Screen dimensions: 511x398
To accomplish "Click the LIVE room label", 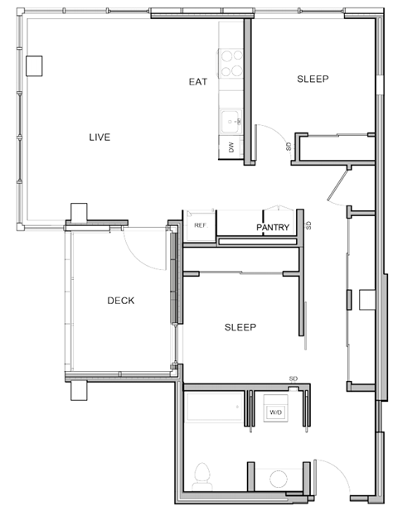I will tap(99, 137).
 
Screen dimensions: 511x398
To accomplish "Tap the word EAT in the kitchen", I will tap(197, 81).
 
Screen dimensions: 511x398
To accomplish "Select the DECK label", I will tap(121, 301).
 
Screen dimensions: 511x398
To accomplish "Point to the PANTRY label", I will tap(272, 226).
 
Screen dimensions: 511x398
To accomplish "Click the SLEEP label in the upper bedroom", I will tap(313, 80).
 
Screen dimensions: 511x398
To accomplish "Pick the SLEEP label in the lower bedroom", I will tap(240, 327).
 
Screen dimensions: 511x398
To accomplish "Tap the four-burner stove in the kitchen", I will tap(230, 63).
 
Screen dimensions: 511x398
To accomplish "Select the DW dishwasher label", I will tap(231, 148).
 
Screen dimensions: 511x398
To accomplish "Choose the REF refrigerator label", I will tap(200, 225).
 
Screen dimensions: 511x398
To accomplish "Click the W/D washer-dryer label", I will tap(274, 411).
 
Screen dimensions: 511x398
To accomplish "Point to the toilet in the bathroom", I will tap(200, 476).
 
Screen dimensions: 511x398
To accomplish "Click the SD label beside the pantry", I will tap(308, 225).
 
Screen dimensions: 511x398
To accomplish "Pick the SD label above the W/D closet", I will tap(293, 378).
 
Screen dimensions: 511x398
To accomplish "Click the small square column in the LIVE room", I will tap(34, 65).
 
